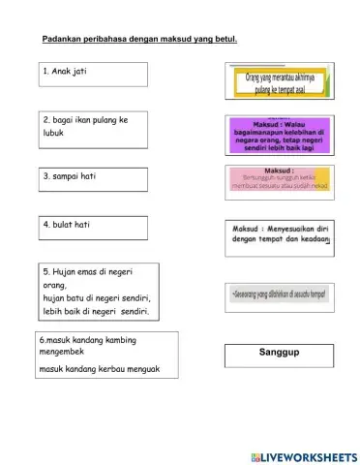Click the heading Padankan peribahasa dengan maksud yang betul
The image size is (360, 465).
point(139,40)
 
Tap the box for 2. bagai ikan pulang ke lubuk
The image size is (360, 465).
point(94,132)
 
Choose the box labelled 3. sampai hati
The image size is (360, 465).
point(94,180)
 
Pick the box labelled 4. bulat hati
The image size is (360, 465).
point(94,227)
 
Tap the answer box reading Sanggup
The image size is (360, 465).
point(280,355)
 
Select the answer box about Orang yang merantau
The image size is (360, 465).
point(280,83)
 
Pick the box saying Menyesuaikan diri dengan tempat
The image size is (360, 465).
point(280,236)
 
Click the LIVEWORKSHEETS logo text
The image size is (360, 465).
point(309,456)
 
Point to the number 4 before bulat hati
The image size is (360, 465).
point(45,224)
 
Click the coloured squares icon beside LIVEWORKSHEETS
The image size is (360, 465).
point(255,456)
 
